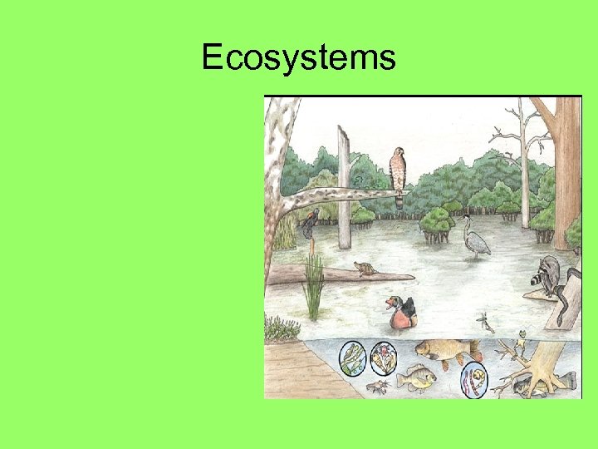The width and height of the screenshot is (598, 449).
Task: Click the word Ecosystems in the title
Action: tap(299, 58)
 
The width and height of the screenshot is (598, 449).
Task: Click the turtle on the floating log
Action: tap(365, 269)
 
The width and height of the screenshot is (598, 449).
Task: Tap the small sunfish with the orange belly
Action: tap(416, 377)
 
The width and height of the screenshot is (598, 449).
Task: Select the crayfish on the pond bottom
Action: tap(377, 387)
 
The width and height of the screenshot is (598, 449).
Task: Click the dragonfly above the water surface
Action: tap(485, 321)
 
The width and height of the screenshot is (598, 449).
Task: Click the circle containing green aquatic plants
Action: tap(352, 358)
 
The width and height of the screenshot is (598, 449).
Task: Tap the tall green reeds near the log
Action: tap(314, 287)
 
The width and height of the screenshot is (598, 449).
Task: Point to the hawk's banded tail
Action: tap(399, 200)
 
